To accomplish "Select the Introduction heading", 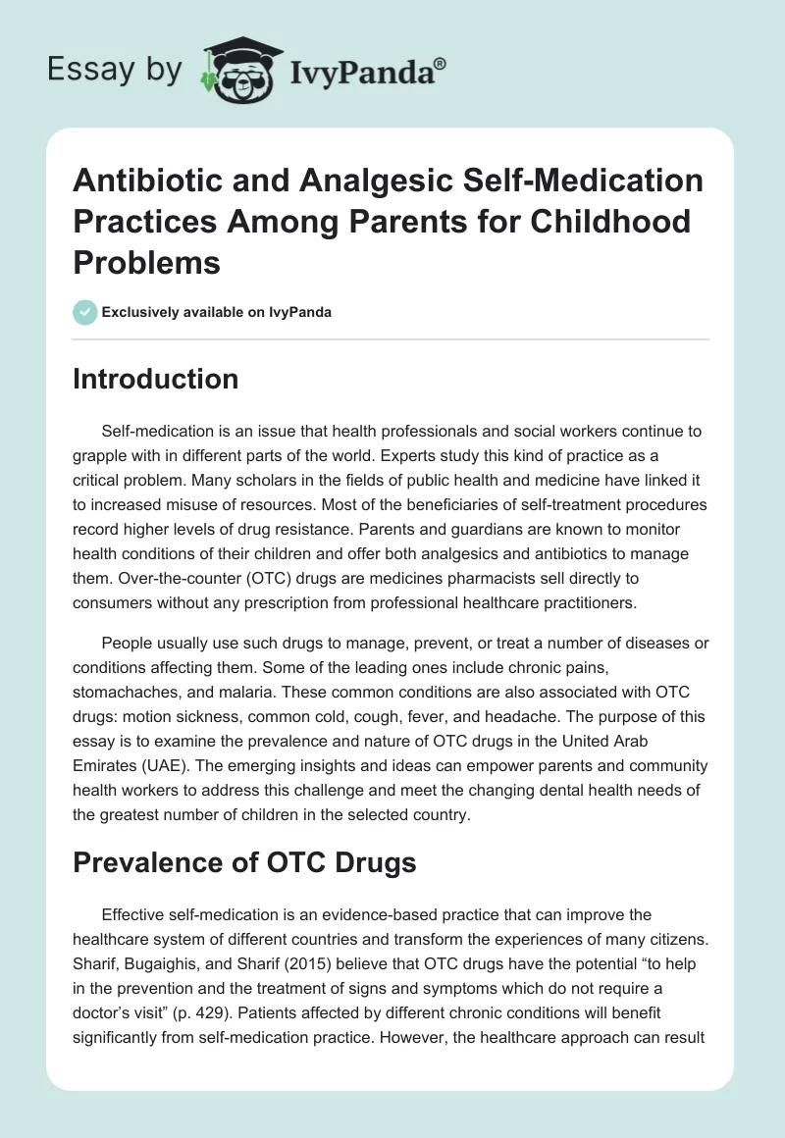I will point(155,379).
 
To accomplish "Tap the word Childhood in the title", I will point(607,221).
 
